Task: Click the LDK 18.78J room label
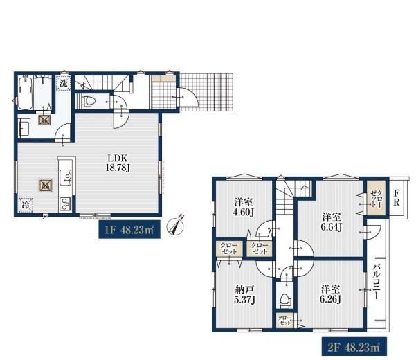(118, 163)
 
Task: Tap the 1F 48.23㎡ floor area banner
(129, 229)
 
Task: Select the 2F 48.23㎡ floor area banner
(354, 346)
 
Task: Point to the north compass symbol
(175, 225)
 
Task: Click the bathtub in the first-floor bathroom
(25, 93)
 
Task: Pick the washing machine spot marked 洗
(63, 83)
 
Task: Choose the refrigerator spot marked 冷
(26, 205)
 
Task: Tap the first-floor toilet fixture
(87, 101)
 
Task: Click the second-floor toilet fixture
(285, 300)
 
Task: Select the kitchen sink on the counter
(65, 177)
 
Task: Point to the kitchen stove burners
(65, 204)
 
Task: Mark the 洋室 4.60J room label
(244, 207)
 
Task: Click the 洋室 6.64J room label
(332, 222)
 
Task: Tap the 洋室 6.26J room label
(330, 294)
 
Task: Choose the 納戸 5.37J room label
(244, 294)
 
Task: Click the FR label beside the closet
(397, 197)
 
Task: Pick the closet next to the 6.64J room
(376, 198)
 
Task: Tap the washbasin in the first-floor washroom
(25, 128)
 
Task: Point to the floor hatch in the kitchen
(46, 186)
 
